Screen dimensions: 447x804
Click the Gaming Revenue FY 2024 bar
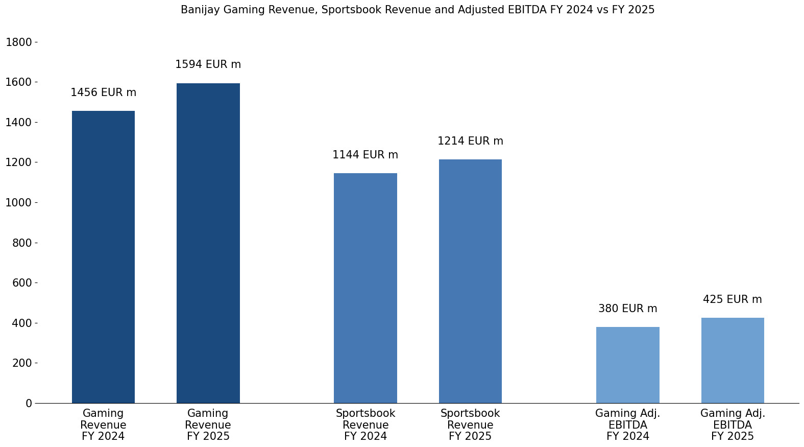[x=103, y=257]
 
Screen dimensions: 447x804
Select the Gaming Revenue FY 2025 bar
[x=208, y=243]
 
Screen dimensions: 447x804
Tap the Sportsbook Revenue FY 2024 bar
[x=366, y=288]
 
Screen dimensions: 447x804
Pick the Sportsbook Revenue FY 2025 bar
[x=470, y=281]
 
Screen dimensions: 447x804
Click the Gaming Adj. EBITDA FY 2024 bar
[x=627, y=365]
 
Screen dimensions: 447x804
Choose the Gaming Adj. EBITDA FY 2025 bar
[x=733, y=360]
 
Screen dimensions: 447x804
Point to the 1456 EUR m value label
[x=104, y=93]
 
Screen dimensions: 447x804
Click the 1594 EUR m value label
[x=208, y=65]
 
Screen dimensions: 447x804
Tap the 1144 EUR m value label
[x=366, y=155]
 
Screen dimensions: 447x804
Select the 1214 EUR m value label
[x=470, y=142]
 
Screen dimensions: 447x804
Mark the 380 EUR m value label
[x=627, y=309]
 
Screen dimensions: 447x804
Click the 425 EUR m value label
[x=733, y=300]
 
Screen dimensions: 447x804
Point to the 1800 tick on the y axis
[x=19, y=42]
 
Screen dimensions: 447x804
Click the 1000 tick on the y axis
[x=19, y=203]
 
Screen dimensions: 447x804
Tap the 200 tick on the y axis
[x=22, y=363]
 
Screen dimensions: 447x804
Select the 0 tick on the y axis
[x=29, y=404]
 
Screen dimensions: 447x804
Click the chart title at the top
[x=418, y=10]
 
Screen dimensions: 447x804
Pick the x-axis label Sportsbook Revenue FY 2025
[x=470, y=425]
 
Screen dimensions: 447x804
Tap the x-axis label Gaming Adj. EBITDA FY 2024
[x=627, y=425]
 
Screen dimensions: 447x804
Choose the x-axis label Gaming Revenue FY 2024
[x=103, y=425]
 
